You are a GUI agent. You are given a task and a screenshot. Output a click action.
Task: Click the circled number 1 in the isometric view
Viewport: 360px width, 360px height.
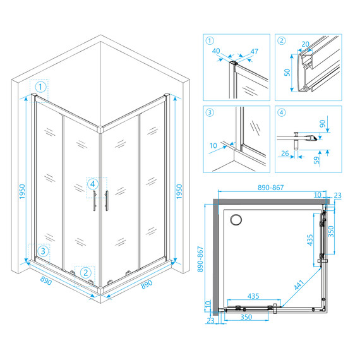pyautogui.click(x=40, y=87)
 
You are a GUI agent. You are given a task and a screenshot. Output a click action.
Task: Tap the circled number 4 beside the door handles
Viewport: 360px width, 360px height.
pyautogui.click(x=92, y=184)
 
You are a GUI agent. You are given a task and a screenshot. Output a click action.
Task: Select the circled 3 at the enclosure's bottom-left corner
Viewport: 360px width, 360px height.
pyautogui.click(x=43, y=251)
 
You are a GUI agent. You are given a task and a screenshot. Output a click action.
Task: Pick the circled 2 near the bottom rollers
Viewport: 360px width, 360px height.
pyautogui.click(x=86, y=273)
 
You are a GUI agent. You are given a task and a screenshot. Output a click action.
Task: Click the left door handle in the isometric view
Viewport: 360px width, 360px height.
pyautogui.click(x=94, y=200)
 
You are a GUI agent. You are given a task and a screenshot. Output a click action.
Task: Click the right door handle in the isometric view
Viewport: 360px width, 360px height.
pyautogui.click(x=107, y=200)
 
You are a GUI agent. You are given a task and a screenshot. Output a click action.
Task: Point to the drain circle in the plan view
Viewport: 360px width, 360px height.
pyautogui.click(x=236, y=220)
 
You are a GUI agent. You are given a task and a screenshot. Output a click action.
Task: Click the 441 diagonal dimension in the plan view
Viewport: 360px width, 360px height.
pyautogui.click(x=299, y=285)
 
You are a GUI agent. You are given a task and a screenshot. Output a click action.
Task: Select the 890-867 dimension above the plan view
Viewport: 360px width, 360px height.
pyautogui.click(x=271, y=188)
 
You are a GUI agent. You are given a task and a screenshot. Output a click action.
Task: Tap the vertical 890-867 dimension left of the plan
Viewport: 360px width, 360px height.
pyautogui.click(x=200, y=259)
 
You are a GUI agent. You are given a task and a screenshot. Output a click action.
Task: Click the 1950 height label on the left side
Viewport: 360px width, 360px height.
pyautogui.click(x=22, y=191)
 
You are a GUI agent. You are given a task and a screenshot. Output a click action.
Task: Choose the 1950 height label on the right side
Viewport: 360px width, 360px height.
pyautogui.click(x=179, y=191)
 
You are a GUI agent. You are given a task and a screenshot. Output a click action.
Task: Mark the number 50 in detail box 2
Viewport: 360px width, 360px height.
pyautogui.click(x=287, y=72)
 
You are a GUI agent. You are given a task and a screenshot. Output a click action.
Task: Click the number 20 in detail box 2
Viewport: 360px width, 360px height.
pyautogui.click(x=305, y=44)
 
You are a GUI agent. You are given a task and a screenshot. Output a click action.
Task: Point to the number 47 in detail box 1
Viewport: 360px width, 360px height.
pyautogui.click(x=254, y=51)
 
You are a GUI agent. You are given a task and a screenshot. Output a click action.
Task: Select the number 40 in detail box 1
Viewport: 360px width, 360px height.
pyautogui.click(x=216, y=51)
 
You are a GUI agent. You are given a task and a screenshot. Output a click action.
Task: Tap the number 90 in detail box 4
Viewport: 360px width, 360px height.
pyautogui.click(x=323, y=124)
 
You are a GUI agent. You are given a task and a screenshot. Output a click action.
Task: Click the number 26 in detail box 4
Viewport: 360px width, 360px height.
pyautogui.click(x=285, y=153)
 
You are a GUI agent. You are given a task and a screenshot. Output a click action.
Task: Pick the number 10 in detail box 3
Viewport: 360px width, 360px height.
pyautogui.click(x=213, y=145)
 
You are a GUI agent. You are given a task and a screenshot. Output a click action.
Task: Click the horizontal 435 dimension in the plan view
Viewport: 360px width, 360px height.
pyautogui.click(x=253, y=296)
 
